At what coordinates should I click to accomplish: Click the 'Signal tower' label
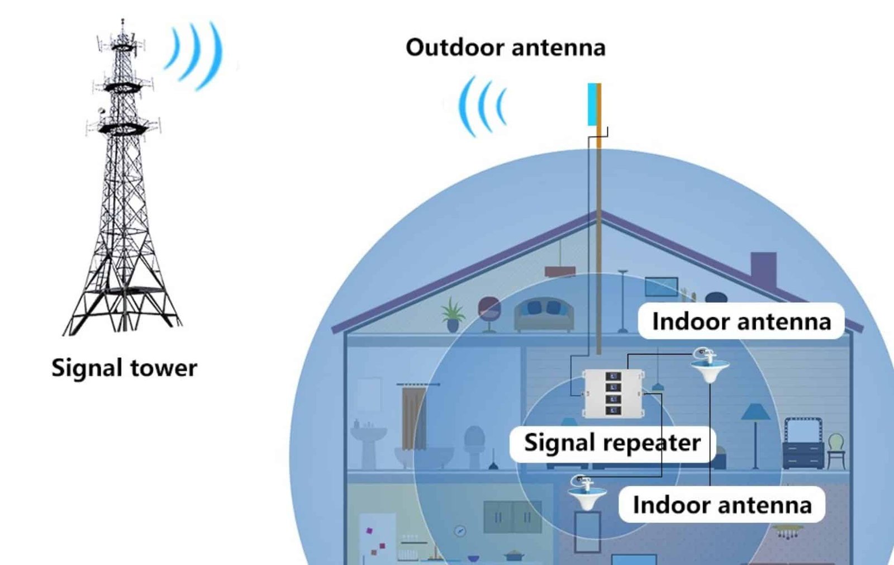click(124, 368)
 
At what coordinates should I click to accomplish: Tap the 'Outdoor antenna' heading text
click(505, 48)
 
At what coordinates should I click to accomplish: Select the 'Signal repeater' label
click(612, 443)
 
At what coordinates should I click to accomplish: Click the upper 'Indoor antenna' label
click(741, 321)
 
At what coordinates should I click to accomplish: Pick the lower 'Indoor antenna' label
click(721, 505)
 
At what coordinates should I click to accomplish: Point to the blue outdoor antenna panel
click(592, 104)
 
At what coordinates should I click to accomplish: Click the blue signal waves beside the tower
click(196, 54)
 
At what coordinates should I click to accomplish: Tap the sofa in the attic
click(544, 315)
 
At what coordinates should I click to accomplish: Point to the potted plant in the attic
click(453, 315)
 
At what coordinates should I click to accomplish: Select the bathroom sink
click(369, 441)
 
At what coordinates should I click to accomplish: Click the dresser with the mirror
click(803, 444)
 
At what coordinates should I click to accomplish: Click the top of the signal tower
click(123, 25)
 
